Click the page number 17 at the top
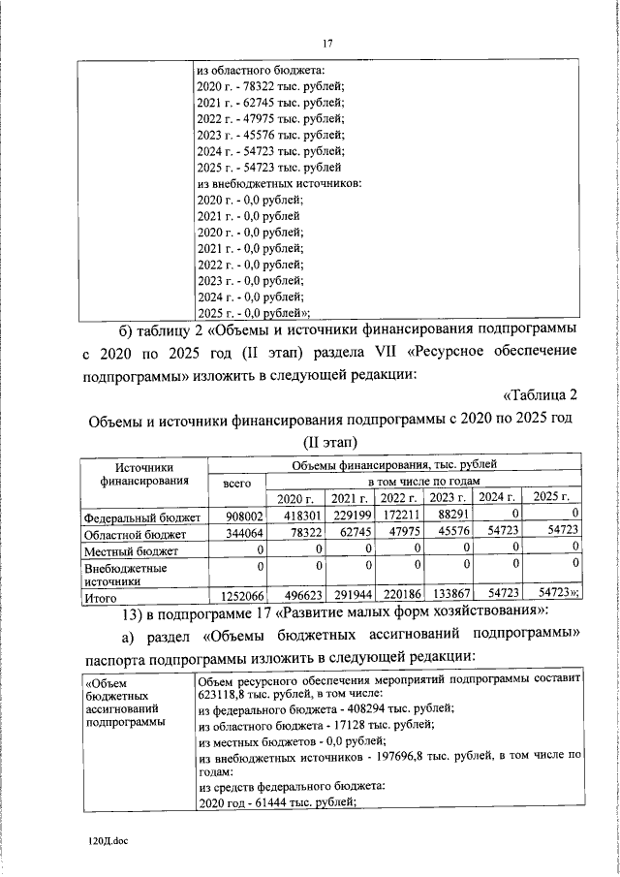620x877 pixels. click(327, 43)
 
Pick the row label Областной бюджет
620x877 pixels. click(130, 534)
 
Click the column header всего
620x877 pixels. click(237, 482)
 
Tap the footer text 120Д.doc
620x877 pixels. click(108, 842)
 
